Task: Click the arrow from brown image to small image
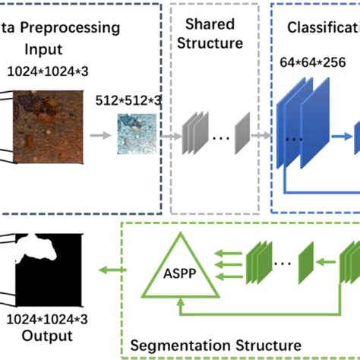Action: tap(98, 136)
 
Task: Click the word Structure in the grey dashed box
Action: tap(213, 43)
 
